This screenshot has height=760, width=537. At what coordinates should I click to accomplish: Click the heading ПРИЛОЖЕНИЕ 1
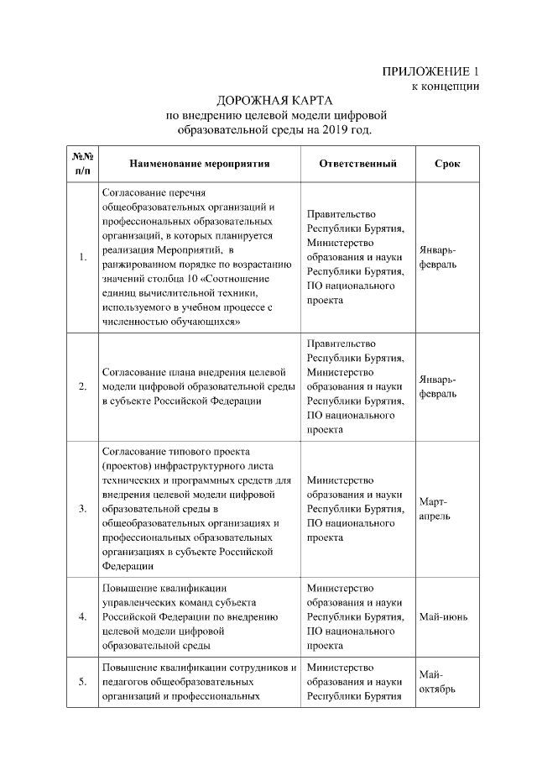coord(430,71)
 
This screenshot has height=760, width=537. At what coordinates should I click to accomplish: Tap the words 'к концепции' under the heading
coord(444,86)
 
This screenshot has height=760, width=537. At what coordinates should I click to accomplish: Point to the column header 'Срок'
coord(446,164)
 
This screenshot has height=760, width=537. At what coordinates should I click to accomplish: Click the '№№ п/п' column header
coord(81,164)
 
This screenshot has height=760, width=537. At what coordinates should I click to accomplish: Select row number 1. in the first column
coord(81,258)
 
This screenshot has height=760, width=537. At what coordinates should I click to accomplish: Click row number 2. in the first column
coord(81,386)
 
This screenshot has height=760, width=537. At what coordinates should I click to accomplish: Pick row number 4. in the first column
coord(81,617)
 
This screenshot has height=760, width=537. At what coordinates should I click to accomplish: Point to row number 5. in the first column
coord(81,681)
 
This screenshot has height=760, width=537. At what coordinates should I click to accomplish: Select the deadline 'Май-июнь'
coord(443,617)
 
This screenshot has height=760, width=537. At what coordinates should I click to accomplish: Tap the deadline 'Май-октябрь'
coord(436,681)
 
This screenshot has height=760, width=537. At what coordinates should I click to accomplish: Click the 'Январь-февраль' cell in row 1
coord(437,258)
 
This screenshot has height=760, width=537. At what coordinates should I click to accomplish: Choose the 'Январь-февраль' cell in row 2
coord(437,386)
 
